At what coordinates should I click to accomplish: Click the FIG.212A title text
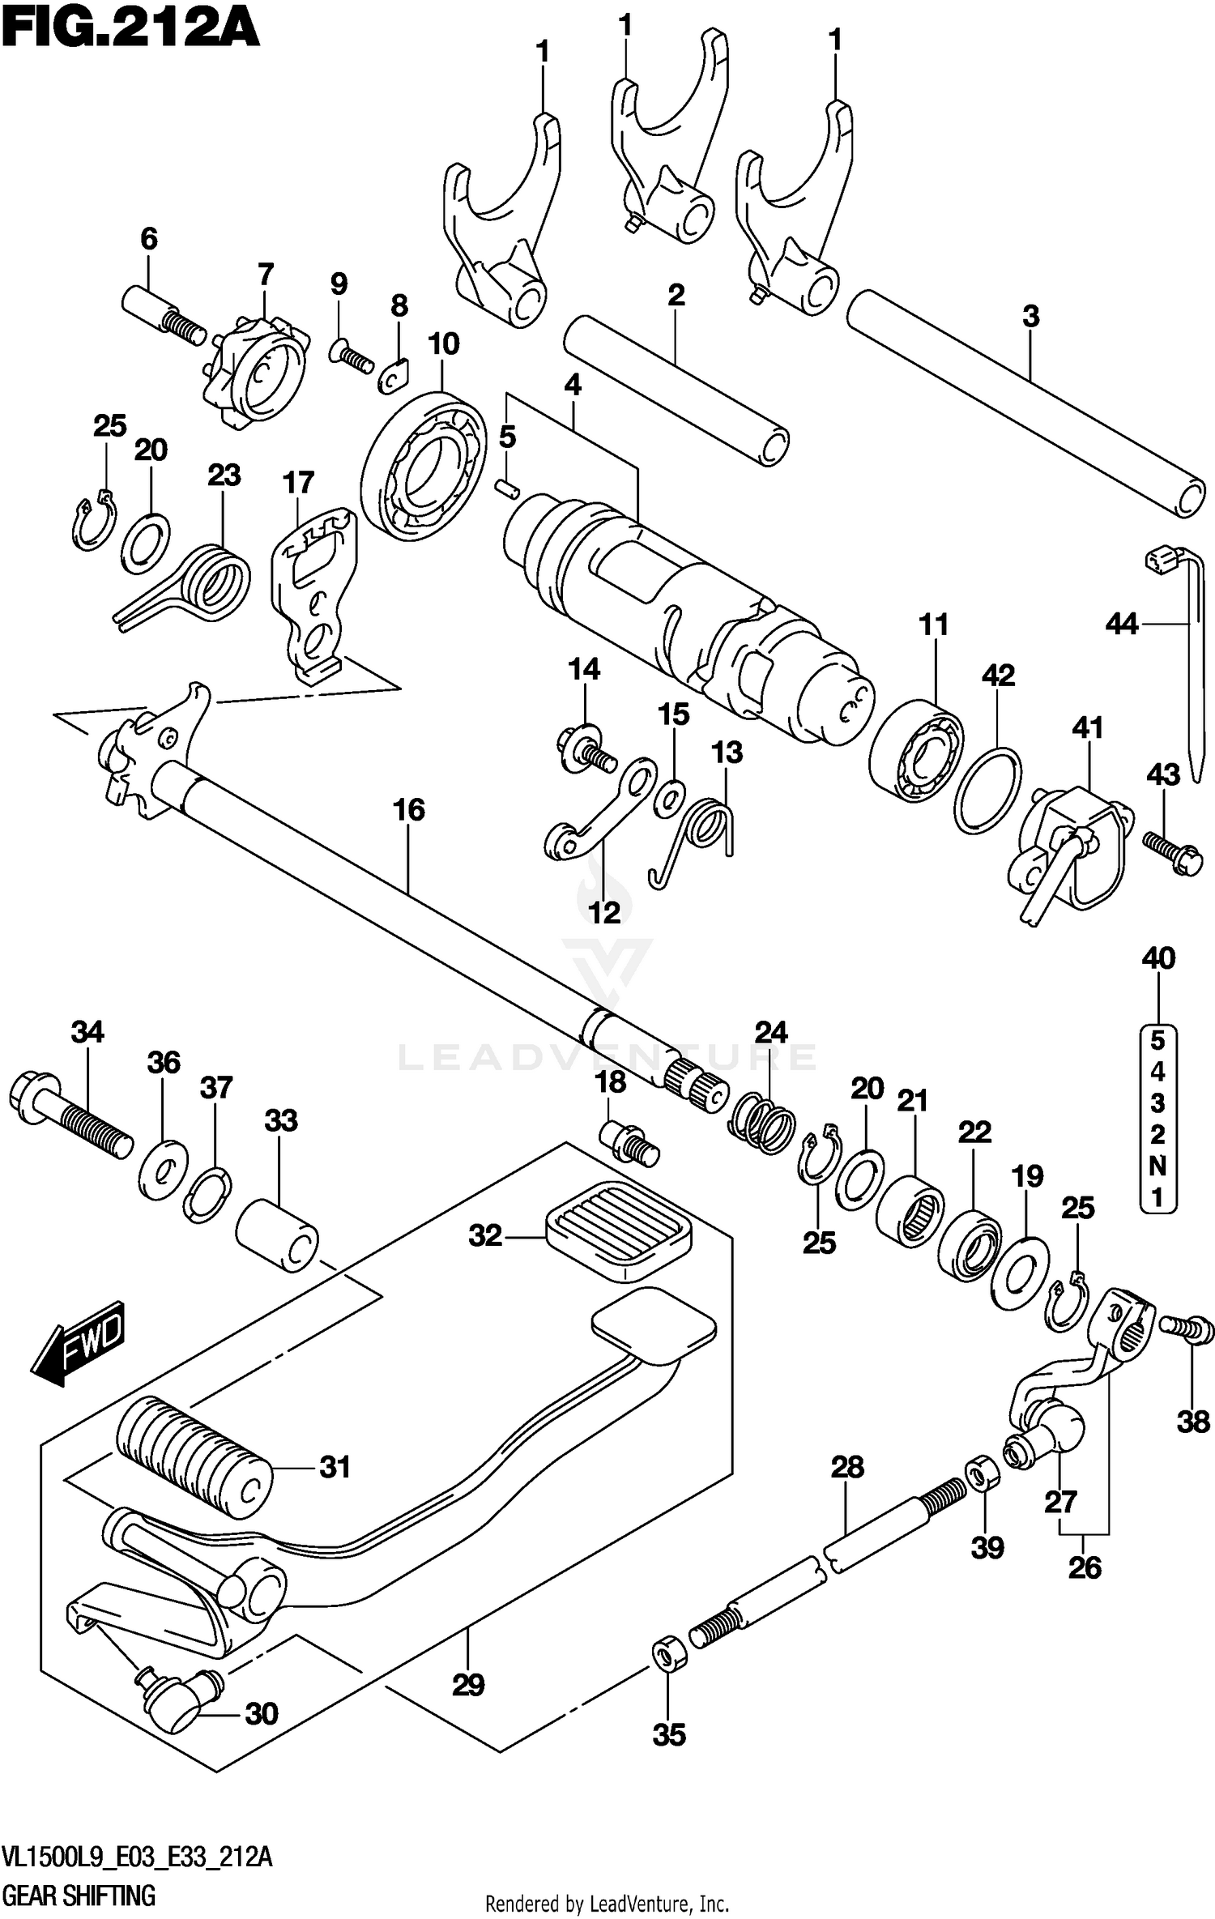click(x=130, y=31)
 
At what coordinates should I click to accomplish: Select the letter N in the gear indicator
click(x=1157, y=1166)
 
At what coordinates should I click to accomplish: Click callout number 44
click(x=1122, y=624)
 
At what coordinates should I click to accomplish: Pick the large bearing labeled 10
click(x=424, y=464)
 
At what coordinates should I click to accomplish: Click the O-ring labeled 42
click(x=987, y=791)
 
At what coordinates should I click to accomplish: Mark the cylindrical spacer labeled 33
click(x=277, y=1236)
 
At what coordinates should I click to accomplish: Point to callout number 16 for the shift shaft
click(x=409, y=809)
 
